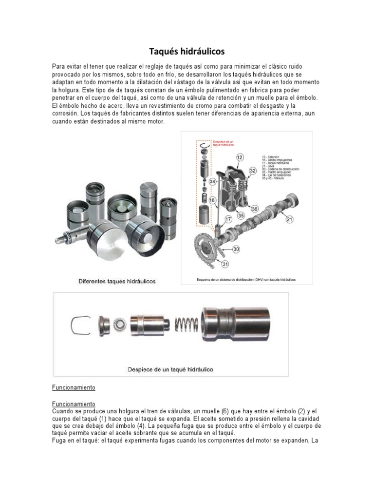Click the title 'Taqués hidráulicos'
[187, 51]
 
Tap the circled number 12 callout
[240, 157]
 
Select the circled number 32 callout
[253, 171]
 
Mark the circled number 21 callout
[289, 220]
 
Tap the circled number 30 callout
[236, 249]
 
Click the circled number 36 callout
[254, 209]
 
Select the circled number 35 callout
[241, 215]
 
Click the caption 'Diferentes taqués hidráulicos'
[116, 281]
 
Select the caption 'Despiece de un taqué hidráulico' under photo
[170, 369]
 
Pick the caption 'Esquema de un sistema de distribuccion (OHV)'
[246, 280]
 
